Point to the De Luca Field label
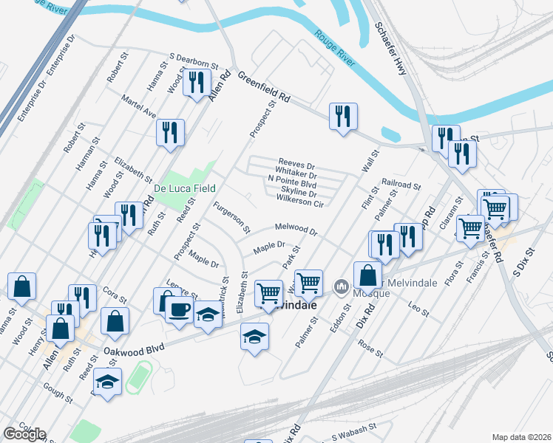pyautogui.click(x=184, y=188)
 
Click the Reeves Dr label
pyautogui.click(x=296, y=163)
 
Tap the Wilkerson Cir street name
pyautogui.click(x=300, y=199)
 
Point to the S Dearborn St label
pyautogui.click(x=194, y=60)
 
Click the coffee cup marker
pyautogui.click(x=178, y=309)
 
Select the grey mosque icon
pyautogui.click(x=342, y=285)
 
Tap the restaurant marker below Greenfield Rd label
pyautogui.click(x=343, y=117)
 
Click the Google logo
pyautogui.click(x=24, y=433)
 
